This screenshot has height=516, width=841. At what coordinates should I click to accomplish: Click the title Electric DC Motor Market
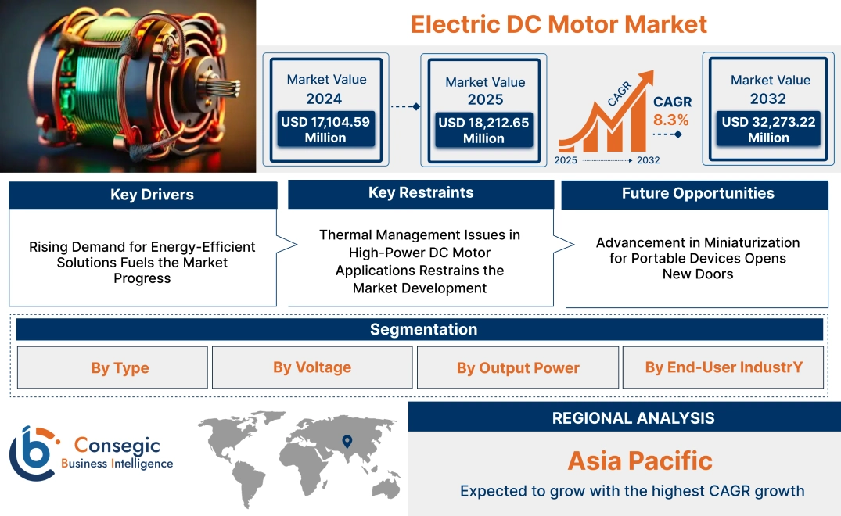pos(559,24)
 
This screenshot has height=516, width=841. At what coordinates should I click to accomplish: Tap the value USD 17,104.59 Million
pos(325,130)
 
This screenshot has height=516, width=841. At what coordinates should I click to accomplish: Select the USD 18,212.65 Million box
pos(483,131)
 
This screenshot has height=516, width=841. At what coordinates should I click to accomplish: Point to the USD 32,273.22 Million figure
pos(768,130)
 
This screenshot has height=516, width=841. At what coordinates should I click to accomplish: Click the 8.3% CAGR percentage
pos(671,120)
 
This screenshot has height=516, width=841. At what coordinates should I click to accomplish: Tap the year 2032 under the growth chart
pos(648,160)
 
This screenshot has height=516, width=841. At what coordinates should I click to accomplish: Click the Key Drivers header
pos(142,195)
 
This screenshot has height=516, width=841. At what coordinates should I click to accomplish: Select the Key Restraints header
pos(421,193)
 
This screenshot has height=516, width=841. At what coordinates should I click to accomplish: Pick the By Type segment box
pos(120,368)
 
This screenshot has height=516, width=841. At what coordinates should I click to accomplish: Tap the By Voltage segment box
pos(312,367)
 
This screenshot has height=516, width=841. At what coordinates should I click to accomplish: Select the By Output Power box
pos(518,368)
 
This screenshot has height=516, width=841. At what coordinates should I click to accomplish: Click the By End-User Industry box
pos(724,367)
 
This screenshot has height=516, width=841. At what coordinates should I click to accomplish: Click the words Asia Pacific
pos(639,460)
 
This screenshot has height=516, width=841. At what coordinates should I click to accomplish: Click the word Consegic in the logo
pos(117,446)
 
